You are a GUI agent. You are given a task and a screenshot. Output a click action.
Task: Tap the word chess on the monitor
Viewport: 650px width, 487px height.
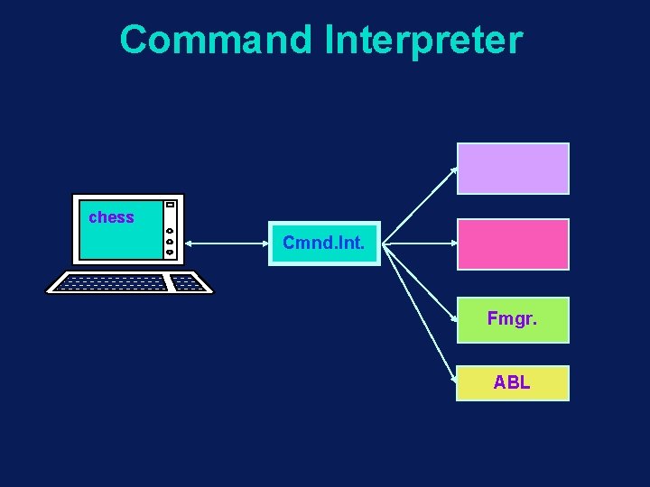pos(111,217)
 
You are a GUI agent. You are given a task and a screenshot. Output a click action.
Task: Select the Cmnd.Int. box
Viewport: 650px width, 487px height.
pos(324,243)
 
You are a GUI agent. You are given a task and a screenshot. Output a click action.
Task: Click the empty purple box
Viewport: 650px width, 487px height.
pos(513,169)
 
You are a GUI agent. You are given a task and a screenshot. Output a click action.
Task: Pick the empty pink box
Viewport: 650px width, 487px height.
pos(513,243)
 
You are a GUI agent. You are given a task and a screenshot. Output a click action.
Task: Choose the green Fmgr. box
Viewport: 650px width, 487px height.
pos(513,319)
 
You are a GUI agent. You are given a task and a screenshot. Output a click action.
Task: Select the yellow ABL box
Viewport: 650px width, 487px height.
pos(513,382)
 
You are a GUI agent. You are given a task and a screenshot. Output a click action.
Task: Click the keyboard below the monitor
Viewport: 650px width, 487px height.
pos(129,283)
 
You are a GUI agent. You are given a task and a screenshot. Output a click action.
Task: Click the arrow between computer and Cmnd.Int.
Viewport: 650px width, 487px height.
pos(226,243)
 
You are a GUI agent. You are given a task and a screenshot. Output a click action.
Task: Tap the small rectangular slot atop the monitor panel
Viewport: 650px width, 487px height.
pos(170,206)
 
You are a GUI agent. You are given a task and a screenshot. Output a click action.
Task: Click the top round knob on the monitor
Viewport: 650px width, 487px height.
pos(170,231)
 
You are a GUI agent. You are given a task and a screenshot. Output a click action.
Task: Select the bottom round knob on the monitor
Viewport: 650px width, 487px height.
pos(170,253)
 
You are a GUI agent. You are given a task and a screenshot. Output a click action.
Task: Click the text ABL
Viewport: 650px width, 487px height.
pos(512,382)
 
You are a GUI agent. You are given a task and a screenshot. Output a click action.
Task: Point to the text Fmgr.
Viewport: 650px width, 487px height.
pos(512,318)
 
